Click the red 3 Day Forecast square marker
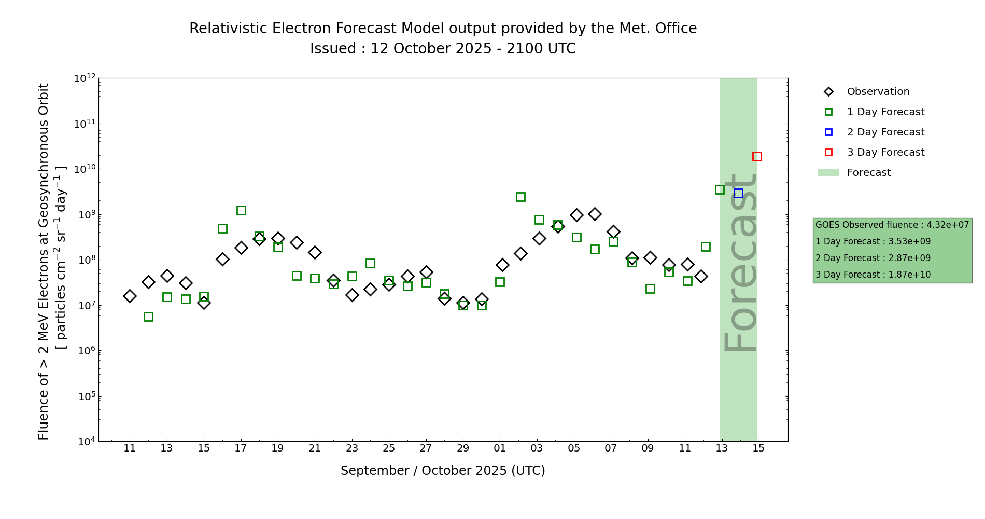pyautogui.click(x=757, y=156)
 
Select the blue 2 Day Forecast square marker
pyautogui.click(x=738, y=193)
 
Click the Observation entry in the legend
pyautogui.click(x=878, y=92)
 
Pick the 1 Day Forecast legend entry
pyautogui.click(x=885, y=112)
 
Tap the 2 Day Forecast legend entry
pyautogui.click(x=885, y=132)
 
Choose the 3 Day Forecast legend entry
pyautogui.click(x=885, y=153)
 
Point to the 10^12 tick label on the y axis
pyautogui.click(x=85, y=78)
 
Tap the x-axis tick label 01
pyautogui.click(x=500, y=448)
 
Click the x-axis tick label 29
pyautogui.click(x=463, y=448)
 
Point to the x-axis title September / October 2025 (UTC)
pyautogui.click(x=443, y=471)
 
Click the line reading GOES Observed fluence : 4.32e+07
pyautogui.click(x=892, y=225)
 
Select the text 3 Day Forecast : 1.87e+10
pyautogui.click(x=873, y=275)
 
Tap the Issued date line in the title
pyautogui.click(x=443, y=49)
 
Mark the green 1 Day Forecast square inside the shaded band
pyautogui.click(x=720, y=189)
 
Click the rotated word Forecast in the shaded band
pyautogui.click(x=740, y=262)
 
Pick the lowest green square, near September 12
pyautogui.click(x=148, y=317)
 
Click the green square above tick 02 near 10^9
pyautogui.click(x=520, y=197)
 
